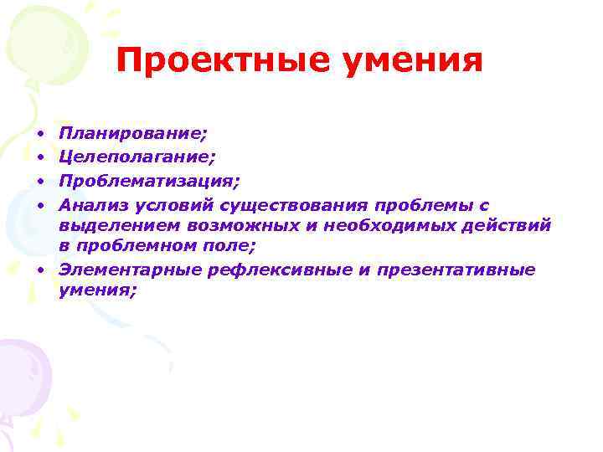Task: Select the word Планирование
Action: click(133, 133)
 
